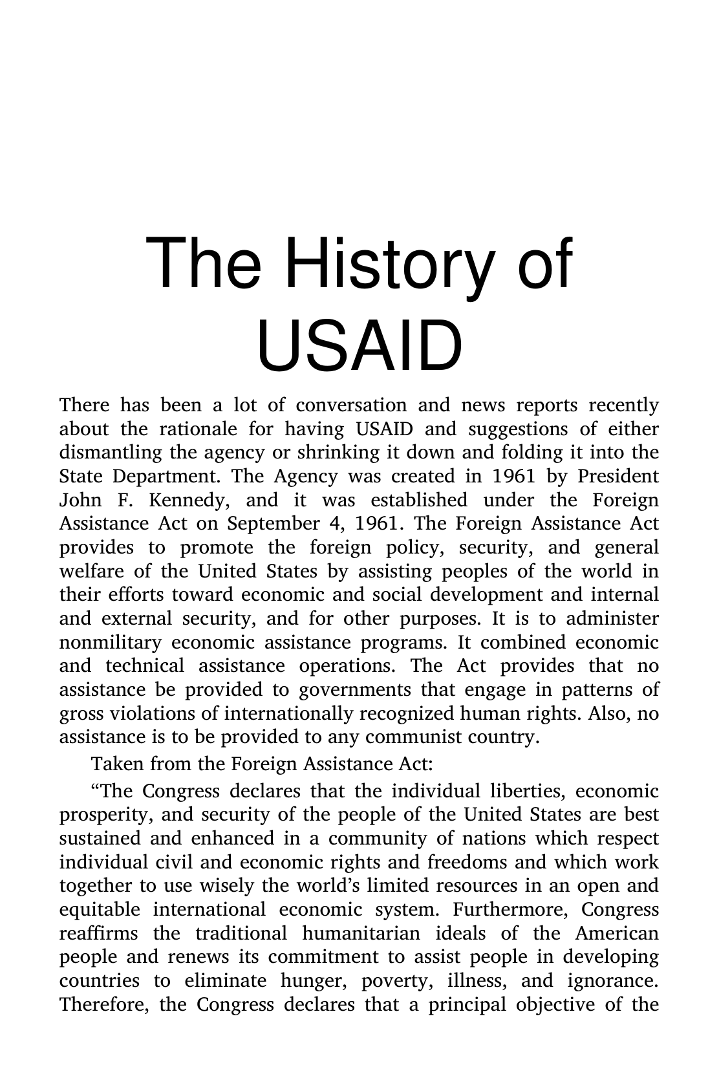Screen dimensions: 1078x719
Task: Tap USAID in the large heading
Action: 359,345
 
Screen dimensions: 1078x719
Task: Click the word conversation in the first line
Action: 351,405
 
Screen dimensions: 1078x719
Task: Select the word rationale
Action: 193,429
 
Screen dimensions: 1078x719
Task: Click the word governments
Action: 354,690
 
